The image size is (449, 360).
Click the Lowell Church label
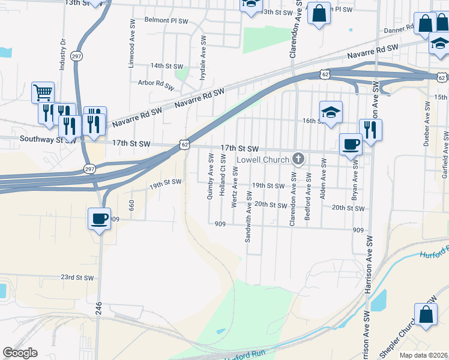pos(262,160)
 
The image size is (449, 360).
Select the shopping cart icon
pos(43,93)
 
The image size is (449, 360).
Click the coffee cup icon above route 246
pos(100,218)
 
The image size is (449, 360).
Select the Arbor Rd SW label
pos(155,83)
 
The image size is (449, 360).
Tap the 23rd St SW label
pos(77,277)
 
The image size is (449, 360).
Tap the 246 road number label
pos(98,309)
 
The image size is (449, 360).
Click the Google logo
pos(20,353)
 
